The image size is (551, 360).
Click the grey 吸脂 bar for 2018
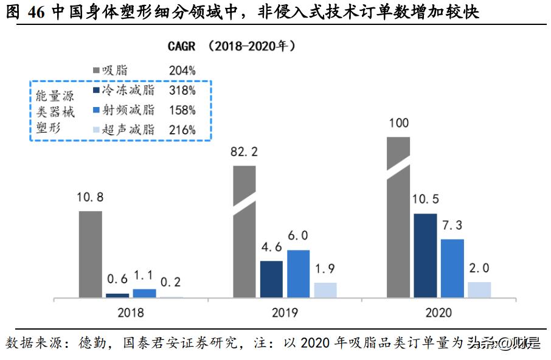[x=91, y=254]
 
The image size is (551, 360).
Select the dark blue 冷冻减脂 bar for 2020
[x=425, y=255]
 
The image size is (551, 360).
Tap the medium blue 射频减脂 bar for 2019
[x=298, y=274]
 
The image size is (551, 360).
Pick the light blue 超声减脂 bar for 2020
[x=479, y=289]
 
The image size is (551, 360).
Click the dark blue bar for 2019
[x=271, y=279]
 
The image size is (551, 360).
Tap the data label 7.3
[x=451, y=226]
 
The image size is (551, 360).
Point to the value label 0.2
[x=171, y=283]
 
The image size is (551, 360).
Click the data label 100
[x=398, y=123]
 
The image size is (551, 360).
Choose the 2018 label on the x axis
[x=131, y=313]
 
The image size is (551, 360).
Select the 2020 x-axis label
[x=438, y=313]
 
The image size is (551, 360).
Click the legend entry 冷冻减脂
[x=128, y=91]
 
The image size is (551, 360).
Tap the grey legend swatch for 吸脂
[x=95, y=71]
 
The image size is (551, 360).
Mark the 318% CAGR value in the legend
[x=182, y=91]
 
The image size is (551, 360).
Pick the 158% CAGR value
[x=182, y=110]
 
